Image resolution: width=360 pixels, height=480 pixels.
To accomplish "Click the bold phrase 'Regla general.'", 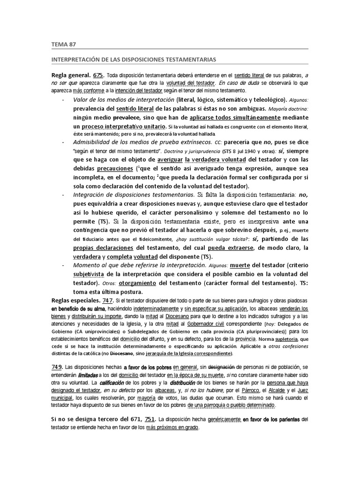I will (x=71, y=75).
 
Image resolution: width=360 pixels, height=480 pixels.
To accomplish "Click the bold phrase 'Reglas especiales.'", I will (x=76, y=300).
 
